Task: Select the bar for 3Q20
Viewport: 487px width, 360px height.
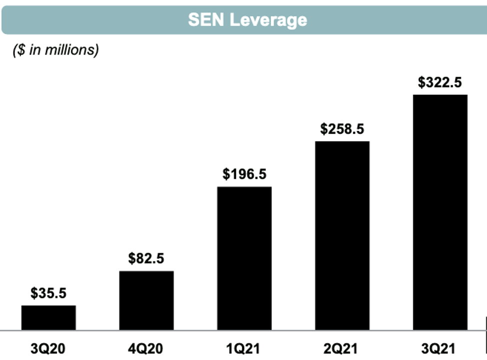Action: click(x=48, y=317)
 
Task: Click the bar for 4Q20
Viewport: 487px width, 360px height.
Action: click(x=146, y=300)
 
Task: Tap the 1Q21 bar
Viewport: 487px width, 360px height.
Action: click(x=244, y=258)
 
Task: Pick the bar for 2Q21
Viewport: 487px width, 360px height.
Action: click(x=342, y=235)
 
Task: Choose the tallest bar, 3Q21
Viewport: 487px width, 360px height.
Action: click(x=440, y=212)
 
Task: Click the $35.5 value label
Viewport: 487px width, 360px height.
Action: click(x=48, y=293)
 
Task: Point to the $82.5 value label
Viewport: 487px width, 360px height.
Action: click(x=146, y=259)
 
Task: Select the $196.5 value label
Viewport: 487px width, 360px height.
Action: click(x=244, y=174)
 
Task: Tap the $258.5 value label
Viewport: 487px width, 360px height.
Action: click(x=342, y=129)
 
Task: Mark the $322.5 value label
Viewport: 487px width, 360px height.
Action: click(x=440, y=82)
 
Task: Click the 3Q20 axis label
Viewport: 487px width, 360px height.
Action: click(x=48, y=348)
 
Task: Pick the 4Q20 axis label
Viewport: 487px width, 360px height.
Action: click(x=146, y=348)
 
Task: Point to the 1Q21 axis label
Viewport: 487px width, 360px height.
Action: click(x=244, y=348)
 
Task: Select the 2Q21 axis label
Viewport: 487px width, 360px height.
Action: click(x=342, y=348)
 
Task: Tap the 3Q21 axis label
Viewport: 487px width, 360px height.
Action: click(x=440, y=348)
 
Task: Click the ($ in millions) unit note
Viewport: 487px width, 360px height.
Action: click(x=55, y=50)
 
